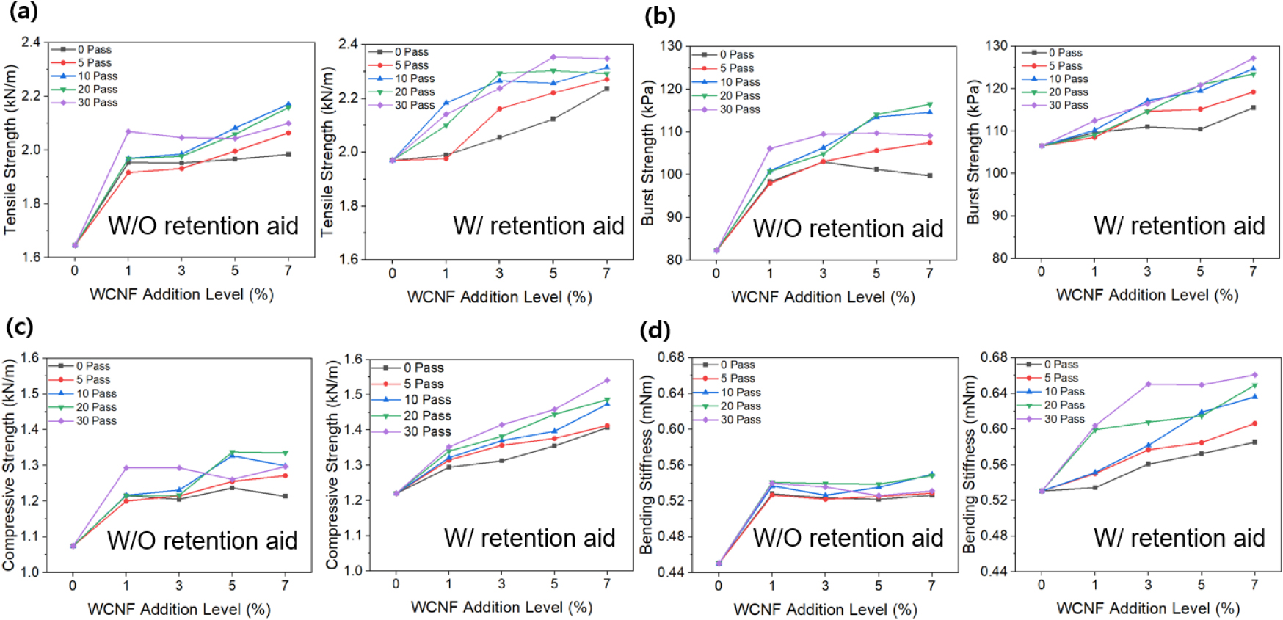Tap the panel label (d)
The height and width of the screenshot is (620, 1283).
pos(655,330)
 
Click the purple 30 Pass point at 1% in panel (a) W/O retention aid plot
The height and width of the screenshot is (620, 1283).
pos(128,131)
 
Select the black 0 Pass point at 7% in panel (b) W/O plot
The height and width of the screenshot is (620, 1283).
pos(929,175)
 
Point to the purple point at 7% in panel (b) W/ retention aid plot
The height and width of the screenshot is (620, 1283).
pos(1253,58)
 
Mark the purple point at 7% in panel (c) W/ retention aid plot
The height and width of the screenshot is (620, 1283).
pos(607,380)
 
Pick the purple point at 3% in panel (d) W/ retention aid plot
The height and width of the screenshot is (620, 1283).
pos(1148,384)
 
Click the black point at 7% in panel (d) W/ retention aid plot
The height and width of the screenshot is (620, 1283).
pos(1254,442)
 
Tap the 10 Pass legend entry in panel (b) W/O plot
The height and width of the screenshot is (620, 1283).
pos(739,82)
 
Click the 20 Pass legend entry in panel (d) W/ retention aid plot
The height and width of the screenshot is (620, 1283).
pos(1064,405)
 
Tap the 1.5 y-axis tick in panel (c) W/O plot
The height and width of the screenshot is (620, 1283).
pos(29,393)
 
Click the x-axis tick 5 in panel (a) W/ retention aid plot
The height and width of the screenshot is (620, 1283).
pos(553,273)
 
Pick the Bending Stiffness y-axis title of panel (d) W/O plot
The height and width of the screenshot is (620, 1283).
pos(647,464)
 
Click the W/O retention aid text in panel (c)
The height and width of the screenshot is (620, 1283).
pos(203,541)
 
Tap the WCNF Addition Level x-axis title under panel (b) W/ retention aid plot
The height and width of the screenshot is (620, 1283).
pos(1147,295)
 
